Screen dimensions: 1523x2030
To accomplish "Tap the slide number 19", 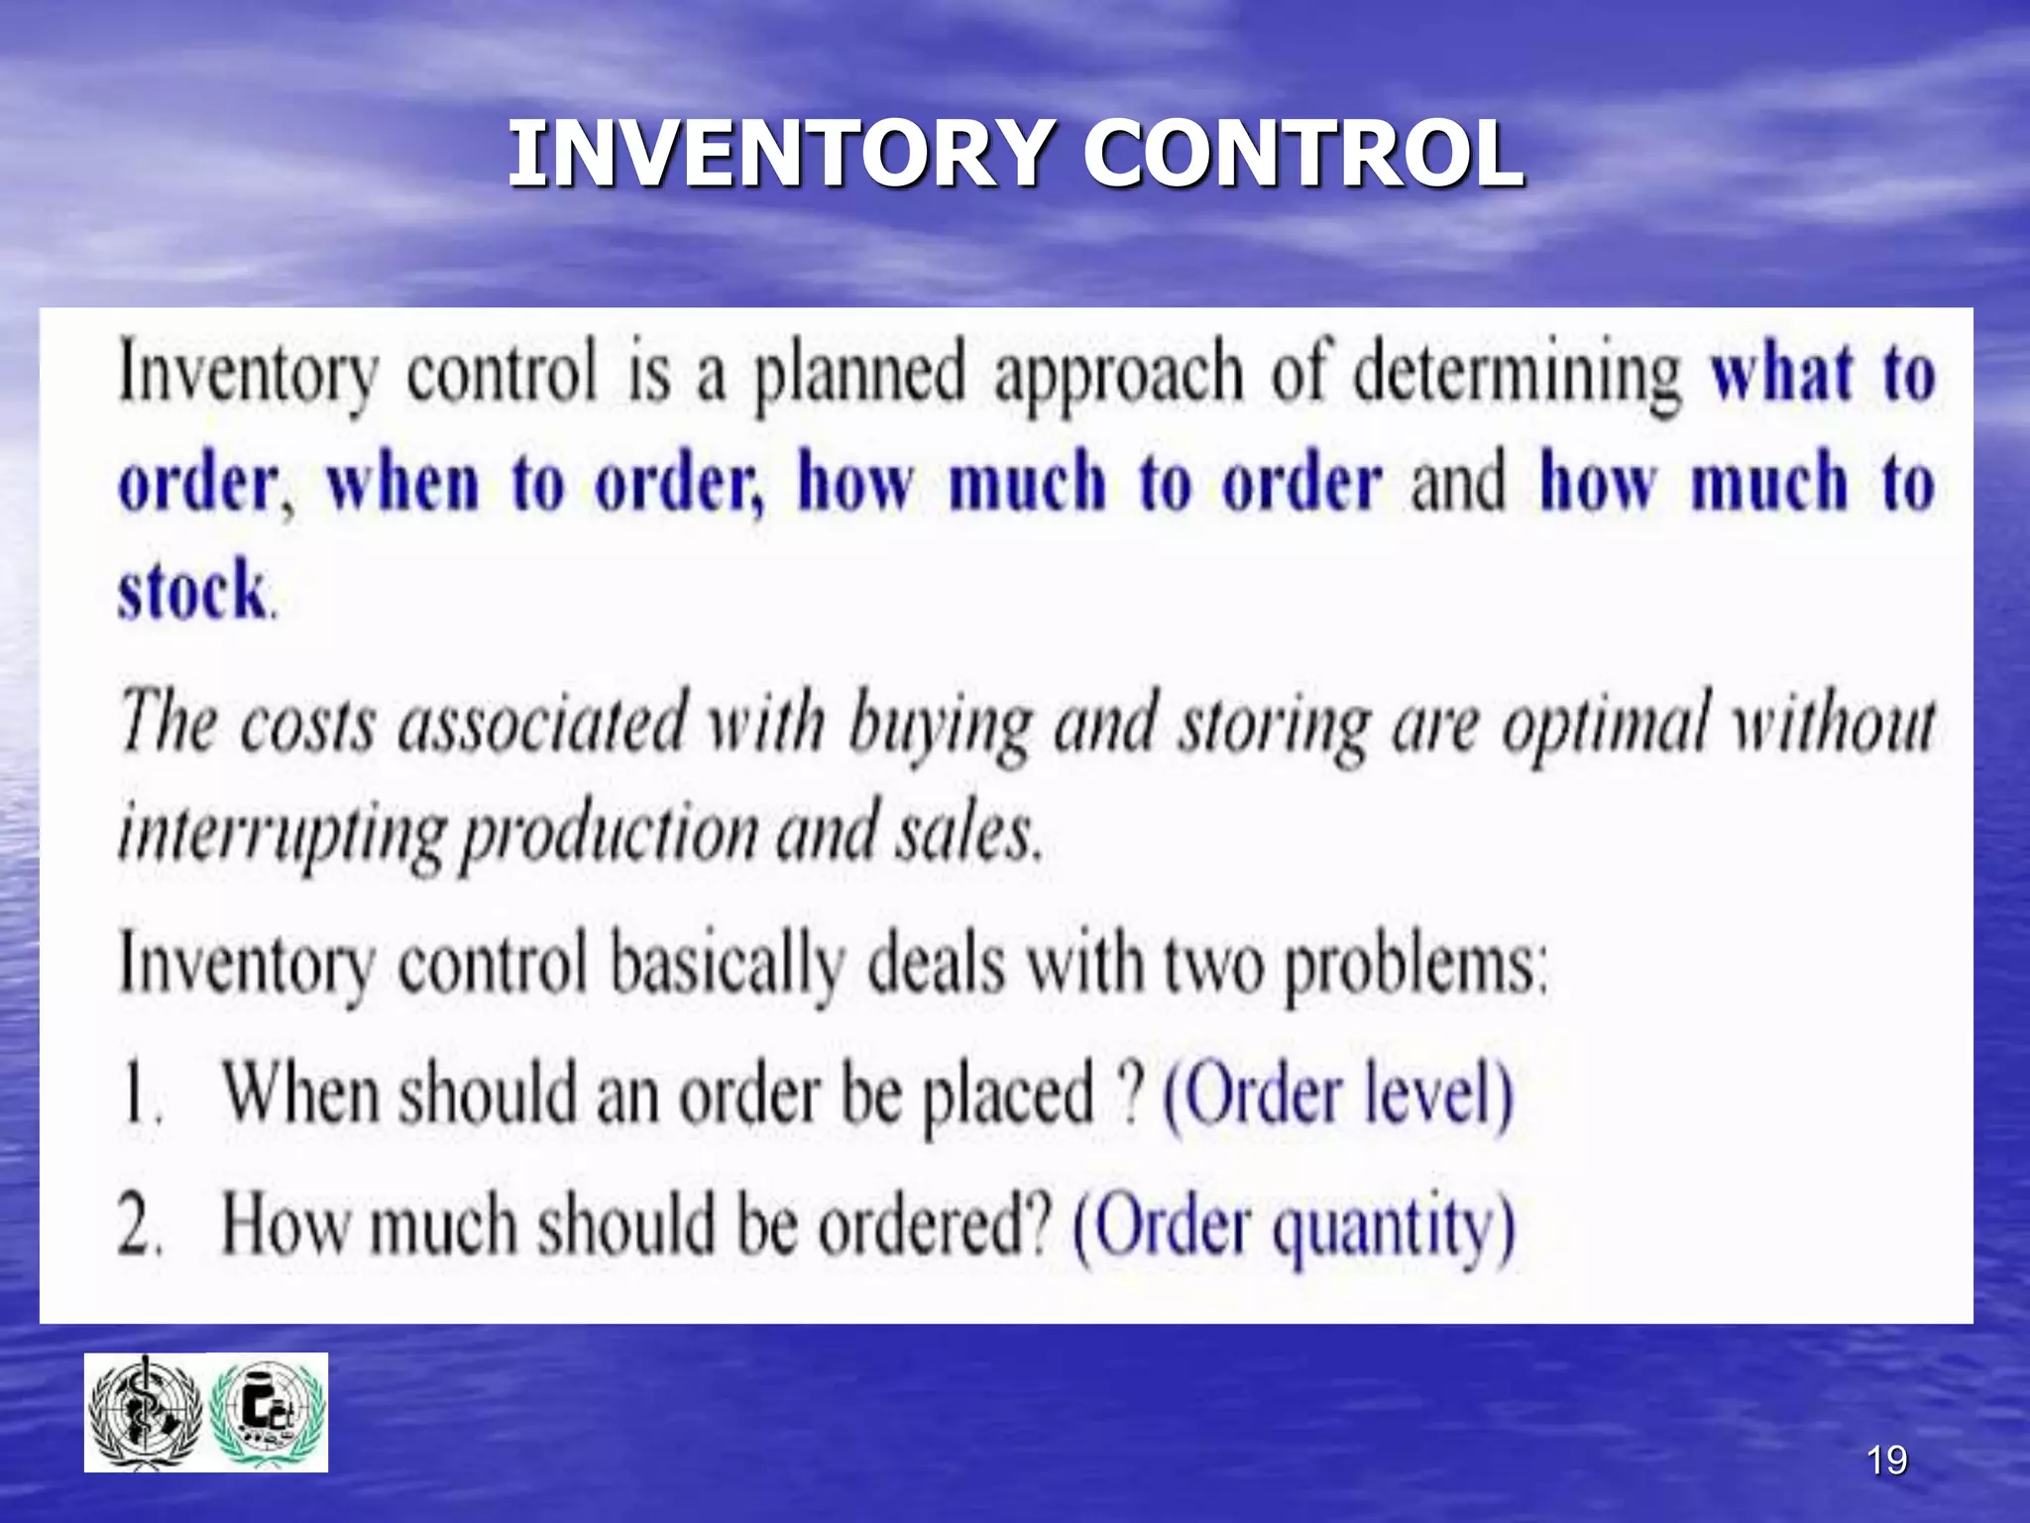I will [x=1886, y=1461].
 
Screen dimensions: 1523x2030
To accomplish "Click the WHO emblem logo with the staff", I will [x=145, y=1413].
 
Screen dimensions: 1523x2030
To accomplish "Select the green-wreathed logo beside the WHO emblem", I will [x=268, y=1413].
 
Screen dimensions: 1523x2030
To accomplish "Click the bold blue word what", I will [x=1782, y=374].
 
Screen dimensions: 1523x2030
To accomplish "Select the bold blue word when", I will [x=403, y=483].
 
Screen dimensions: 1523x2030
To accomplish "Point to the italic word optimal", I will [x=1607, y=725].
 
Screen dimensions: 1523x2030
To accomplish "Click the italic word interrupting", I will [x=281, y=833].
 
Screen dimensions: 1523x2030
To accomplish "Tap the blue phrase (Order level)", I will [x=1337, y=1095].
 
